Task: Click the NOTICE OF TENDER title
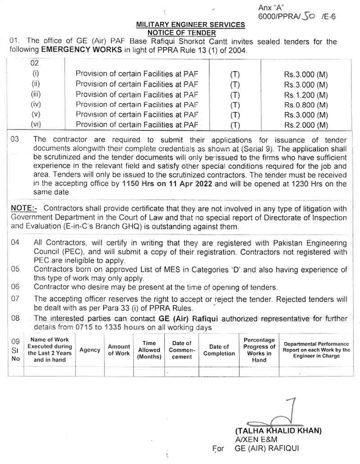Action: click(182, 33)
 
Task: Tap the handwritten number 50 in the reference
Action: click(308, 16)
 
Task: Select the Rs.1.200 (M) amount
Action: click(306, 94)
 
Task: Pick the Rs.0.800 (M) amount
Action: click(306, 105)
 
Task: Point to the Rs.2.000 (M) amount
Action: click(306, 125)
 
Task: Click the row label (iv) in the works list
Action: click(36, 105)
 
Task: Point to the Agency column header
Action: click(90, 350)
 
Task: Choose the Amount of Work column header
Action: click(119, 350)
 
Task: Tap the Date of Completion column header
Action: click(219, 350)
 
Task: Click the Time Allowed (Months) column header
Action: click(149, 350)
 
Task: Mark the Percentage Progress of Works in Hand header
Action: click(259, 350)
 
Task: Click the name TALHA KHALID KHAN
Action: click(278, 431)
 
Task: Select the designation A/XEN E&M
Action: click(256, 439)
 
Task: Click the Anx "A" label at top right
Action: click(270, 8)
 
